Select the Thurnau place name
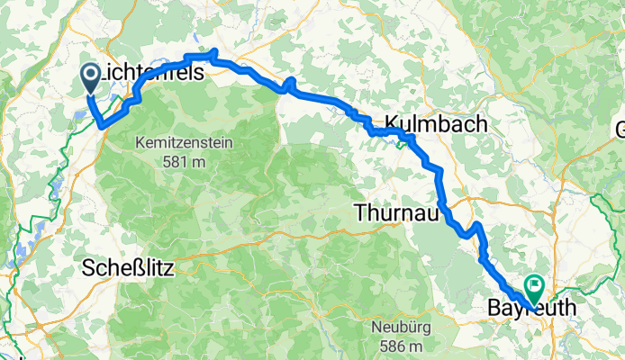396,213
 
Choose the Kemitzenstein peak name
183,142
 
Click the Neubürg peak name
403,327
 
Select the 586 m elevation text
403,346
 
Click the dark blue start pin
91,76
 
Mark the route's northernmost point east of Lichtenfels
213,53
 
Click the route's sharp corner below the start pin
100,125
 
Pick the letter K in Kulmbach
393,124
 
